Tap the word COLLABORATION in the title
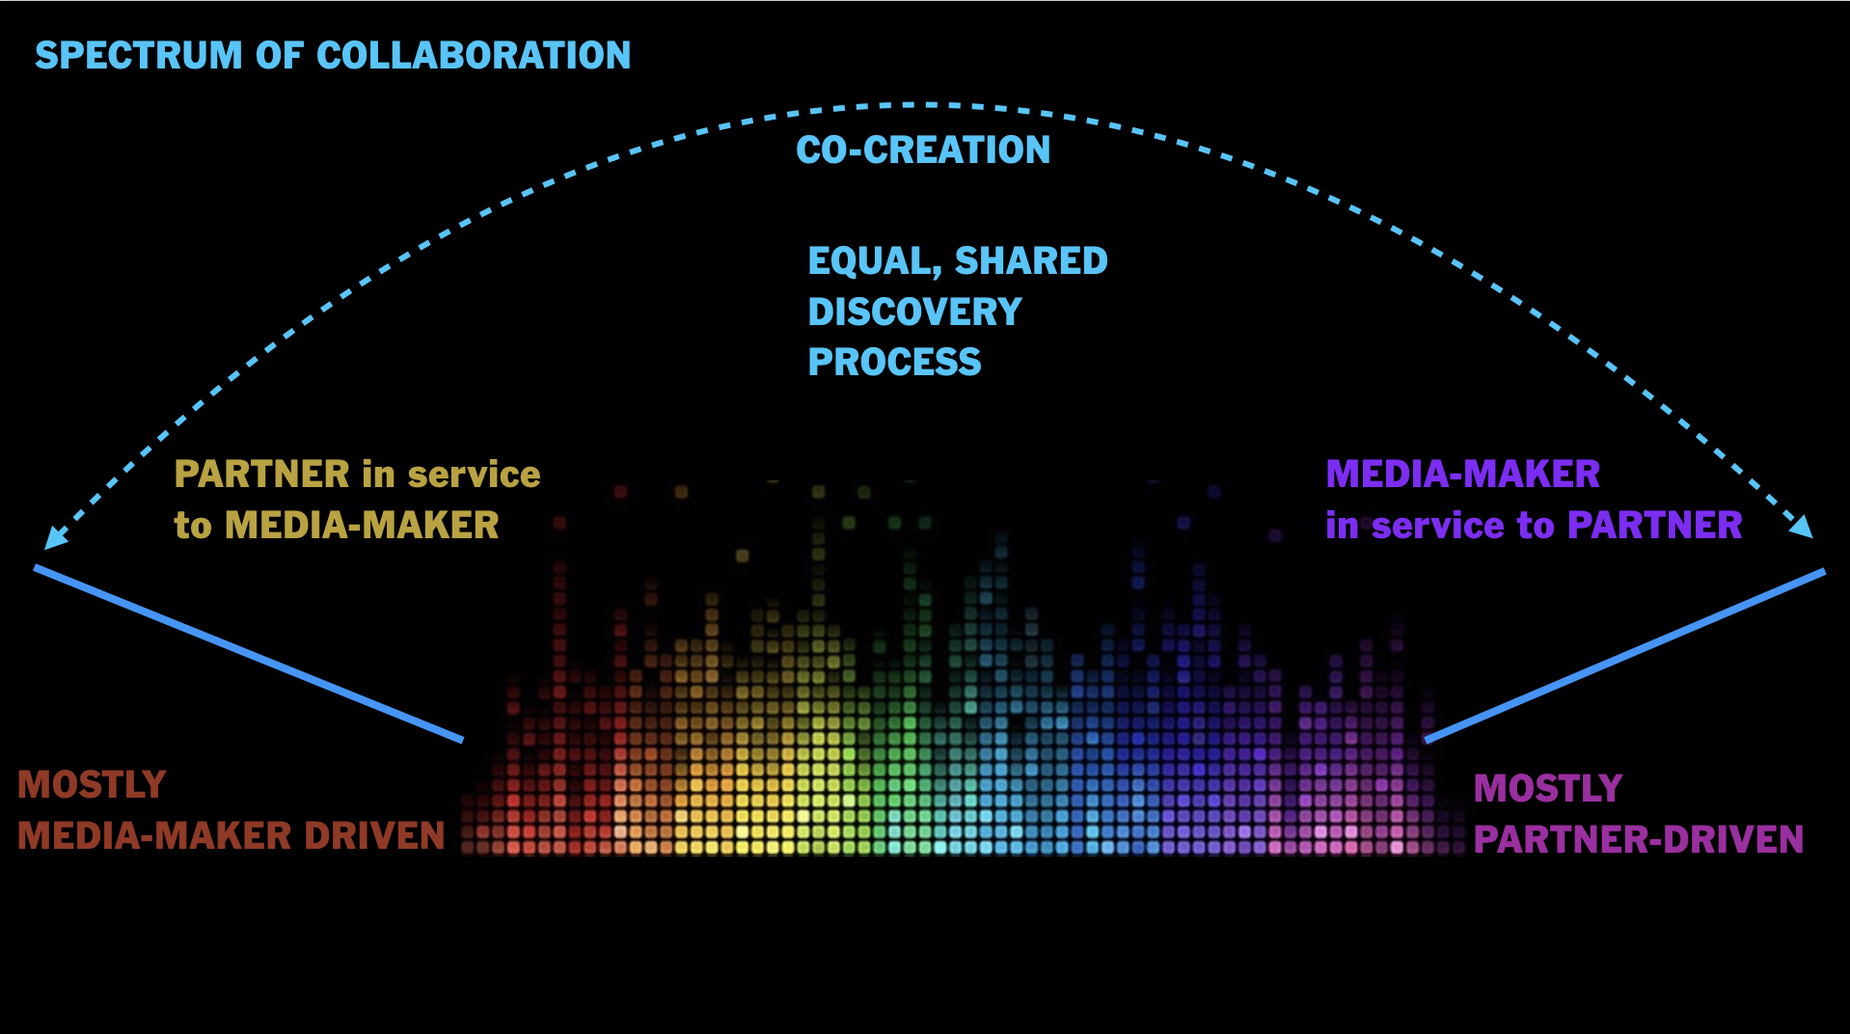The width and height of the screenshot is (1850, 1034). [474, 56]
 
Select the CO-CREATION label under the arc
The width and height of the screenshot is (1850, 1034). [923, 150]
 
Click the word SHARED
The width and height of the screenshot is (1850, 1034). [1031, 261]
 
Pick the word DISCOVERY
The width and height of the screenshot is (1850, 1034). [914, 313]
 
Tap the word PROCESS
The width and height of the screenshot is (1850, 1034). [894, 363]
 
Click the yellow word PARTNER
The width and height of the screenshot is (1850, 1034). [261, 475]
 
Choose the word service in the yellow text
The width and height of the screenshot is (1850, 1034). [474, 475]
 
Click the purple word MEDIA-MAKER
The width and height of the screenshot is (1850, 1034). [1462, 475]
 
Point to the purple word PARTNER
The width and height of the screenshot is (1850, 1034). [1654, 526]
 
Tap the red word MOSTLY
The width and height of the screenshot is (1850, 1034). [92, 785]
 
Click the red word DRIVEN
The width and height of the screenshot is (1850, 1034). [374, 835]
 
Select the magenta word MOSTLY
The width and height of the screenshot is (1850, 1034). [1547, 789]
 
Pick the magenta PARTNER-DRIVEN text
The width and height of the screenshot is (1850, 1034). [1638, 839]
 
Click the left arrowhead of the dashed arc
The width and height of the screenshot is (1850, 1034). [54, 538]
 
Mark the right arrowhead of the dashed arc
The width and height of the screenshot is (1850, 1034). [1803, 527]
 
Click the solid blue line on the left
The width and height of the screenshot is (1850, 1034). [249, 654]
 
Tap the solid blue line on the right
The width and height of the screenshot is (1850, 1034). [1625, 656]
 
